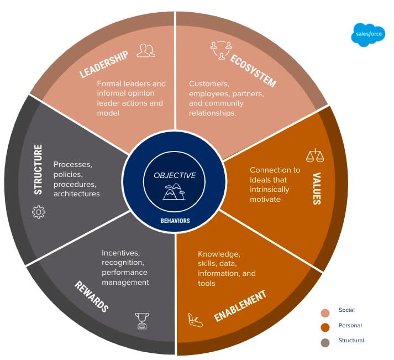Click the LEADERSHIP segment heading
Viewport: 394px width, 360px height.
tap(105, 64)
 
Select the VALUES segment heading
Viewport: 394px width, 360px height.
tap(317, 188)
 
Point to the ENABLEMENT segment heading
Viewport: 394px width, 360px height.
tap(240, 305)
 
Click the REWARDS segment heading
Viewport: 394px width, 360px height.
tap(92, 296)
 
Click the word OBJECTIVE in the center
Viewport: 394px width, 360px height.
tap(175, 175)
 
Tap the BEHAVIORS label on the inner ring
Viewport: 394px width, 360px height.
tap(175, 220)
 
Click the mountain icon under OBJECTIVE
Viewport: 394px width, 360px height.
tap(175, 191)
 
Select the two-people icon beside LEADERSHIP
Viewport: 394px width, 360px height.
tap(146, 51)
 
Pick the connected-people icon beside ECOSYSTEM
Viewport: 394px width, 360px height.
tap(219, 50)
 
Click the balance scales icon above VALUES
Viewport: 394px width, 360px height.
tap(315, 155)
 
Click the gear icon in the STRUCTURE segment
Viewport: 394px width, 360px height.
tap(39, 212)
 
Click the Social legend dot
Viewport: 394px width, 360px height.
tap(325, 311)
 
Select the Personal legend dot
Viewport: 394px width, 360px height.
tap(325, 326)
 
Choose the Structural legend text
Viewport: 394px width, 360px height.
tap(351, 341)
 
